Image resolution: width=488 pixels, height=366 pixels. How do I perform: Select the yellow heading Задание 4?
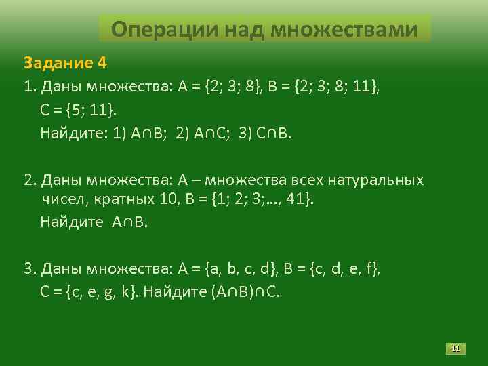(x=65, y=63)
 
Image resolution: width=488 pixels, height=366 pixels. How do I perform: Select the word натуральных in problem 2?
(x=376, y=180)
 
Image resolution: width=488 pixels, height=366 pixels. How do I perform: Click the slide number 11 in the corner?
(x=455, y=349)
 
